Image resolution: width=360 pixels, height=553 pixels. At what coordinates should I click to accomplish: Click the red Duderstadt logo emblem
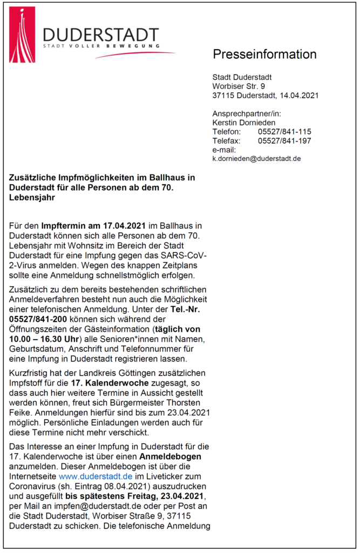(x=22, y=35)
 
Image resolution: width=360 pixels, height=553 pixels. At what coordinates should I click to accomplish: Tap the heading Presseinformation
(x=264, y=55)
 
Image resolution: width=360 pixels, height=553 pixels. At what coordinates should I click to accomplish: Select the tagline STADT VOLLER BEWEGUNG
(x=101, y=46)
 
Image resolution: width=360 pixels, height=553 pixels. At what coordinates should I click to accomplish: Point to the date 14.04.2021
(x=298, y=96)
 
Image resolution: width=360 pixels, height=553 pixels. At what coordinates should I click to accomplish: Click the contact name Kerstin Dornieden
(x=244, y=123)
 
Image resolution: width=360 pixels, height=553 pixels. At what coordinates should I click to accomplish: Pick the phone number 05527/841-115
(x=284, y=132)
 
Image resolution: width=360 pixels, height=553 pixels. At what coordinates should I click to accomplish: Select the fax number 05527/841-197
(x=284, y=141)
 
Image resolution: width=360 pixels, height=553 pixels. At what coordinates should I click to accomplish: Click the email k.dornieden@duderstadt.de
(x=256, y=159)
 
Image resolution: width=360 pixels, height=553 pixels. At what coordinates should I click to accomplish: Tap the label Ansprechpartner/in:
(x=247, y=113)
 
